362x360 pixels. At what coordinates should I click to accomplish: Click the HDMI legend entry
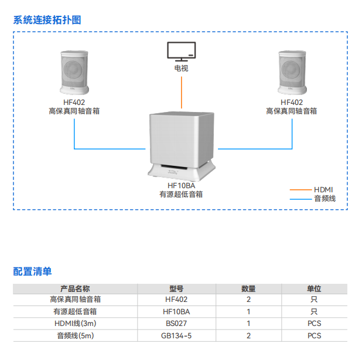pyautogui.click(x=323, y=189)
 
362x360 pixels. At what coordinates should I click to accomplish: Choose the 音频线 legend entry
pyautogui.click(x=325, y=199)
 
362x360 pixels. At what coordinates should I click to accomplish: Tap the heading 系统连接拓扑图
pyautogui.click(x=47, y=19)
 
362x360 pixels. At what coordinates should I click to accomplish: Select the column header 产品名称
pyautogui.click(x=75, y=288)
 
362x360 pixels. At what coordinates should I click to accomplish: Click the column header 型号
pyautogui.click(x=176, y=288)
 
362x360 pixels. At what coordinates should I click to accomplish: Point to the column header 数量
pyautogui.click(x=248, y=288)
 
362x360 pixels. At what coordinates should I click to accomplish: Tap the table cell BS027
pyautogui.click(x=176, y=324)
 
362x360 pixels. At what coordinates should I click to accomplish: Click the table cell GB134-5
pyautogui.click(x=176, y=336)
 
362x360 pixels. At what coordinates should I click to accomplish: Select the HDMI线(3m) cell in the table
pyautogui.click(x=75, y=324)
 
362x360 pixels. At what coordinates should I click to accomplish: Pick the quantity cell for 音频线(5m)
pyautogui.click(x=248, y=336)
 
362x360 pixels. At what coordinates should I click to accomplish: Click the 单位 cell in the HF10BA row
pyautogui.click(x=314, y=312)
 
